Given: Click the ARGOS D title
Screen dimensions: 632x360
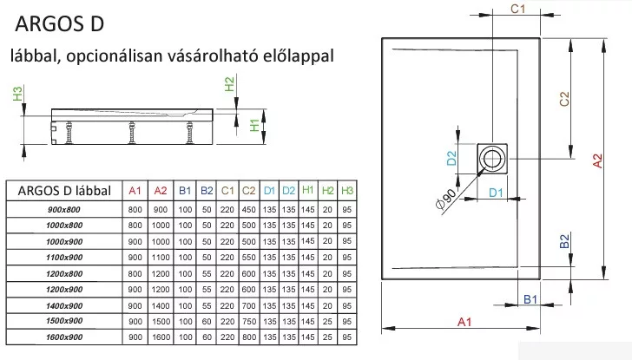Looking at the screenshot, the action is pos(60,23).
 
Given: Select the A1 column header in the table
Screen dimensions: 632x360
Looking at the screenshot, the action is pos(135,191).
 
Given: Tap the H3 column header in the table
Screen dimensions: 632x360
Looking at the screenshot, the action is pos(347,191).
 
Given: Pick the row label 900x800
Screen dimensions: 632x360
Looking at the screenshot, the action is pos(64,209).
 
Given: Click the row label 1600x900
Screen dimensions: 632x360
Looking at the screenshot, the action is pos(64,337).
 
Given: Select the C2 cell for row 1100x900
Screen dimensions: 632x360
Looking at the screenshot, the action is pos(248,258).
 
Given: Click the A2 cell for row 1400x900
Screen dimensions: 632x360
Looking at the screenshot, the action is pos(161,305).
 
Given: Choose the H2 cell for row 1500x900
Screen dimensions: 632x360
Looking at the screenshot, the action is pos(327,321).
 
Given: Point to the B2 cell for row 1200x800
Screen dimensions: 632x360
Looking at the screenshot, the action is pos(207,273).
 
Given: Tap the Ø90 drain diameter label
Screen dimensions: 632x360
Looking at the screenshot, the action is pos(446,199).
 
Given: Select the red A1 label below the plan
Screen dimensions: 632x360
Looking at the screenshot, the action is pos(464,322).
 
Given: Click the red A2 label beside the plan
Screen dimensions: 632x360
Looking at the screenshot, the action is pos(598,161).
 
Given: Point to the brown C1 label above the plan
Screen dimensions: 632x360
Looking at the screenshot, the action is pos(518,9).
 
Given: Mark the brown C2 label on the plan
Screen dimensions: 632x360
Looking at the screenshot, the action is pos(564,99).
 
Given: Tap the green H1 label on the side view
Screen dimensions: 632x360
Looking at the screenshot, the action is pos(254,126).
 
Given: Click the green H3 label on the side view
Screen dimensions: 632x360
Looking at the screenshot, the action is pos(17,94).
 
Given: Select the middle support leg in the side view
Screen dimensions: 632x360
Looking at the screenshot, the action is pos(132,133).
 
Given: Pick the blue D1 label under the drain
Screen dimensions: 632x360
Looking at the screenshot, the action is pos(497,193).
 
